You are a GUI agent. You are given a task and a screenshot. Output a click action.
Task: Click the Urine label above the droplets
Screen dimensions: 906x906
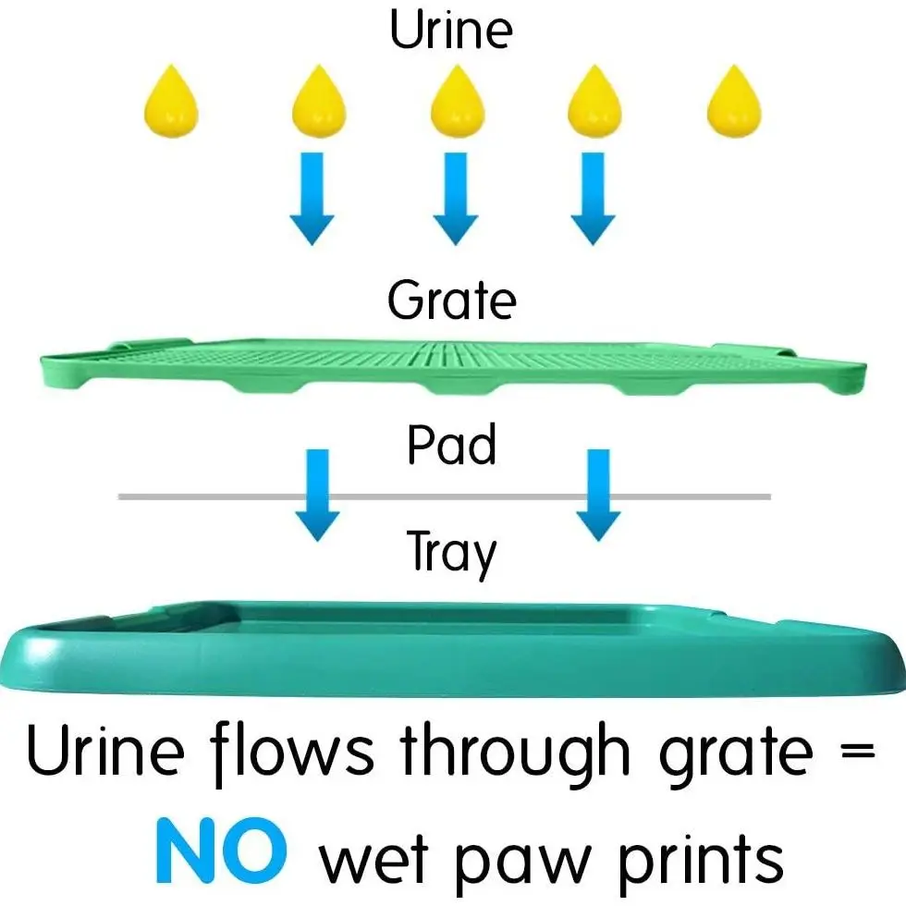point(450,30)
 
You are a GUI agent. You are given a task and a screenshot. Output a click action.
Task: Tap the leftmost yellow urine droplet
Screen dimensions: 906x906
point(171,102)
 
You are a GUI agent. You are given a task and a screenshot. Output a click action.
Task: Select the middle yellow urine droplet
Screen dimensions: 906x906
point(457,102)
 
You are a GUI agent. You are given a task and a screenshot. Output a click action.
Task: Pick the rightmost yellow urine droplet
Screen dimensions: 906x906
point(734,102)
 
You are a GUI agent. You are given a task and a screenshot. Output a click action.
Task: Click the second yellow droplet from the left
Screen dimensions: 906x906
point(319,102)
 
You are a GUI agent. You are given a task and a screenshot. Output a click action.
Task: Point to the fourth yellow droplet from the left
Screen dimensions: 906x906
point(594,102)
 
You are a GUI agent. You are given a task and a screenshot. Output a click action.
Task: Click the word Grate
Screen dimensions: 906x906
point(451,301)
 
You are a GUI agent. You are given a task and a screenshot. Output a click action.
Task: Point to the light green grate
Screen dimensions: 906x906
point(453,366)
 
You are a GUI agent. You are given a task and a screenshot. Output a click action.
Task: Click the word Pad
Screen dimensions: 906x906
point(451,446)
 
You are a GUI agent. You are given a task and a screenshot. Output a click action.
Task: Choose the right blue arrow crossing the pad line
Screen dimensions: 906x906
point(597,494)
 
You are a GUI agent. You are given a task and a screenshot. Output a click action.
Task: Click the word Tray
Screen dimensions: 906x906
point(451,553)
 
